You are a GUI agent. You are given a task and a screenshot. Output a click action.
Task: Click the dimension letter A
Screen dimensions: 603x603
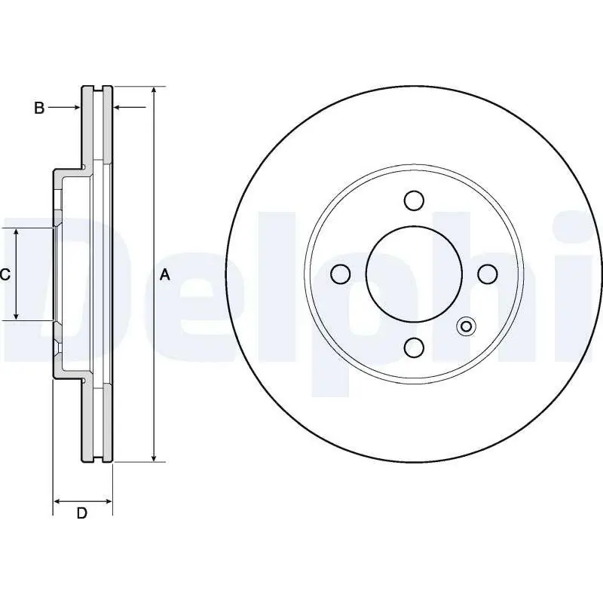166,276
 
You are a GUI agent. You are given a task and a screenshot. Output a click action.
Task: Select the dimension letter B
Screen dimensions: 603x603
39,108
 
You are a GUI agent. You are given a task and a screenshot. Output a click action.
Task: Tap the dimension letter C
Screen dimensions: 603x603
5,275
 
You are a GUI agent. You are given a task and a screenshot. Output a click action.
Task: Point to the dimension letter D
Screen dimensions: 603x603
82,513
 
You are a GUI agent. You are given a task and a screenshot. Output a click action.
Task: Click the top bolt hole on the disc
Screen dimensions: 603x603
413,200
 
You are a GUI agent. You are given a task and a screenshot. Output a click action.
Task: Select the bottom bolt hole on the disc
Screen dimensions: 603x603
413,347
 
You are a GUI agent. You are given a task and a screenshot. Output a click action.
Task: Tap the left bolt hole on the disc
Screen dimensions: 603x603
340,274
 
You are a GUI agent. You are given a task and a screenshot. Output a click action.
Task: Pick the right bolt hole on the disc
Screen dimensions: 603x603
486,274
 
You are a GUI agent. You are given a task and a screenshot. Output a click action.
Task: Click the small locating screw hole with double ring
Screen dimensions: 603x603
466,326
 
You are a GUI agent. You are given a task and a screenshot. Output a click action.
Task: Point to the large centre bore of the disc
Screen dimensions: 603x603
413,274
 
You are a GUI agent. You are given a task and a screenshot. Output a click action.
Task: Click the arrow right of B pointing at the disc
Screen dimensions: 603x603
75,108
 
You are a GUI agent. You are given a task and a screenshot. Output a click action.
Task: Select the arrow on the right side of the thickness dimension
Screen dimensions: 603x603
118,108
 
